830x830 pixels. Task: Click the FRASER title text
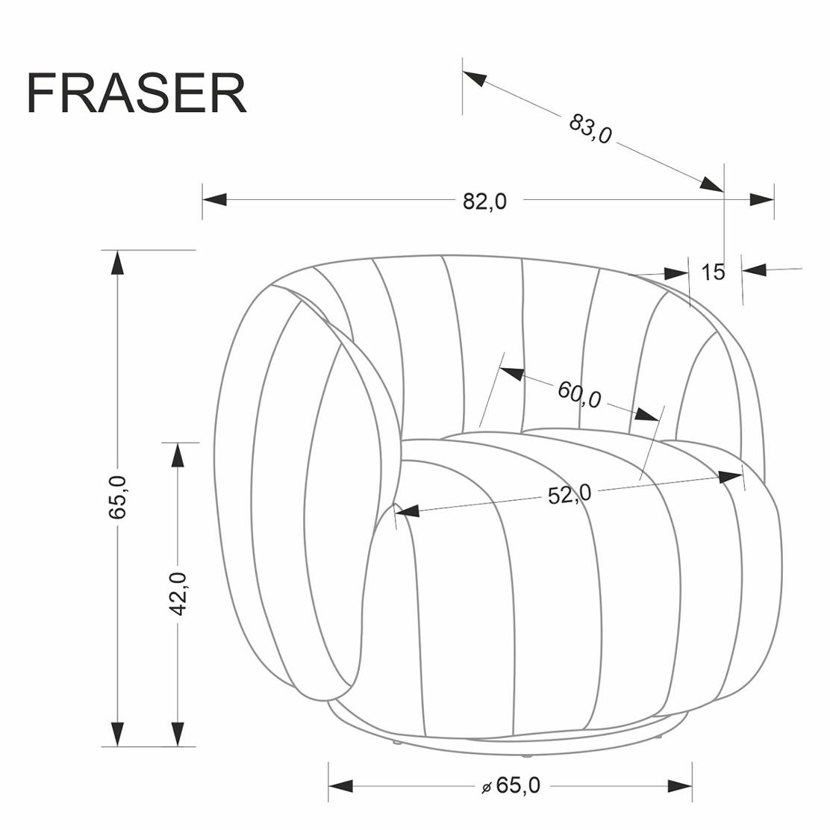[x=137, y=93]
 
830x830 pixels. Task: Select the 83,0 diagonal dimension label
[x=590, y=129]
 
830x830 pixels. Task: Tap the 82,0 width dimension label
[x=484, y=201]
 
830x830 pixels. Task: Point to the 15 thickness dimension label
[x=713, y=272]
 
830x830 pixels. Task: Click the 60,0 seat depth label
[x=580, y=394]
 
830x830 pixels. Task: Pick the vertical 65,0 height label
[x=117, y=496]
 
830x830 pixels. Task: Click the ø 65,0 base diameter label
[x=511, y=785]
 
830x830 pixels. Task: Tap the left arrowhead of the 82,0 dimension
[x=214, y=200]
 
